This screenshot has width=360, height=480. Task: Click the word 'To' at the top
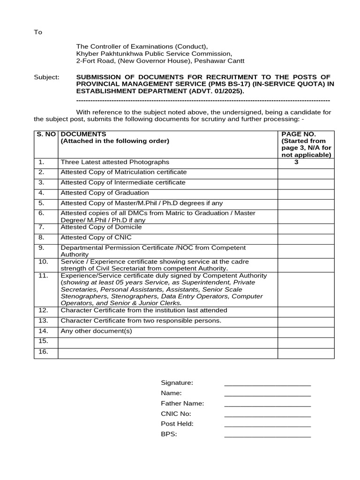tap(38, 32)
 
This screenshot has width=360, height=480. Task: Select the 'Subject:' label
tap(46, 77)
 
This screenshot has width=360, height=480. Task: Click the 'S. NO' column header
tap(46, 134)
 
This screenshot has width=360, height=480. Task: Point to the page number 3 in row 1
tap(296, 162)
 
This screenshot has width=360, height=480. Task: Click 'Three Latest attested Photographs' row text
tap(115, 162)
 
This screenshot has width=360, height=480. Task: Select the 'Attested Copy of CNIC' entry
tap(96, 238)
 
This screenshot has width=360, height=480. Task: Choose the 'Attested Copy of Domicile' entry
tap(101, 227)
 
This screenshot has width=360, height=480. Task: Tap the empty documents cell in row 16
tap(167, 353)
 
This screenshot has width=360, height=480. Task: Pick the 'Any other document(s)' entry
tap(97, 331)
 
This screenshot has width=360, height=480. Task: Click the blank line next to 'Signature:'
tap(267, 383)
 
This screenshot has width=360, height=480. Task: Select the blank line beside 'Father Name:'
tap(267, 404)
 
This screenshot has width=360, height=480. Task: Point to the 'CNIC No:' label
tap(176, 414)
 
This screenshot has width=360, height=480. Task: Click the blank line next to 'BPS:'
tap(267, 435)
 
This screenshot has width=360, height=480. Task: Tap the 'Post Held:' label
tap(177, 424)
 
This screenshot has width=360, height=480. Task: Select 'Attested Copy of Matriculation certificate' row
tap(123, 172)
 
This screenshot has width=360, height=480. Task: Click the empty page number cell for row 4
tap(306, 193)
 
